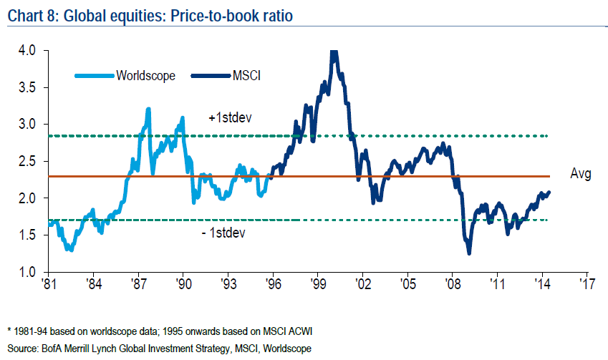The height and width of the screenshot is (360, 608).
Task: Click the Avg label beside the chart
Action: tap(581, 174)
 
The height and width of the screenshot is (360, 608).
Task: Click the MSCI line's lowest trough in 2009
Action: tap(469, 253)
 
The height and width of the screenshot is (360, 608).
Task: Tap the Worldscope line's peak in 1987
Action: tap(148, 109)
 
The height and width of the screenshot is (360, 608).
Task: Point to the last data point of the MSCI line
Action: tap(550, 192)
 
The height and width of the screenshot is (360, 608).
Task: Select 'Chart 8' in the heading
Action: tap(29, 13)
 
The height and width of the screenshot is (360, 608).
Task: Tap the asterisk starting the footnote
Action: tap(9, 332)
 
